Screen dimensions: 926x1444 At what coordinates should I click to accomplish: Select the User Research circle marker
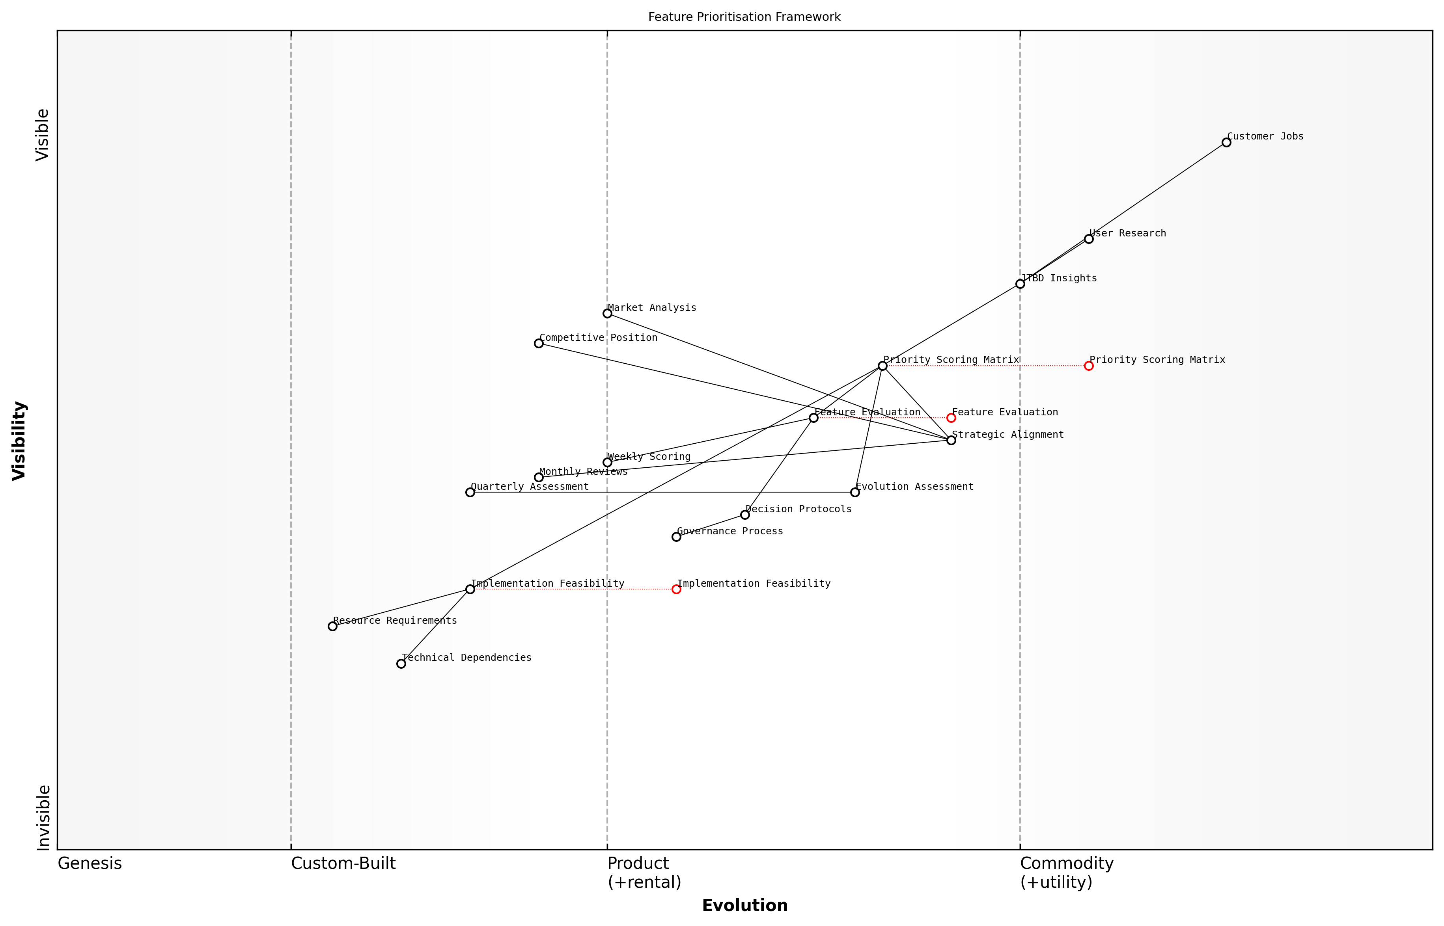[1088, 239]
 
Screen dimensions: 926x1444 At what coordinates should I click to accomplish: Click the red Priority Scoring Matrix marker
[1088, 366]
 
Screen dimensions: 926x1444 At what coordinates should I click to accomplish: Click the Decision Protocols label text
[798, 509]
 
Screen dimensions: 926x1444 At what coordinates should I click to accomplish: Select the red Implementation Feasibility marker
[676, 589]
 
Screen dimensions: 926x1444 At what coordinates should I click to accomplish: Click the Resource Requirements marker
[332, 627]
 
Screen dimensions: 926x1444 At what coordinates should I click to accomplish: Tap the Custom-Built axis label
[343, 863]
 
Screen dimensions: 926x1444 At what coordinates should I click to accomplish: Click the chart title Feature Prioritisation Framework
[744, 17]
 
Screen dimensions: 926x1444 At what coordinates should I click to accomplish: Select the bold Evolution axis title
[744, 906]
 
